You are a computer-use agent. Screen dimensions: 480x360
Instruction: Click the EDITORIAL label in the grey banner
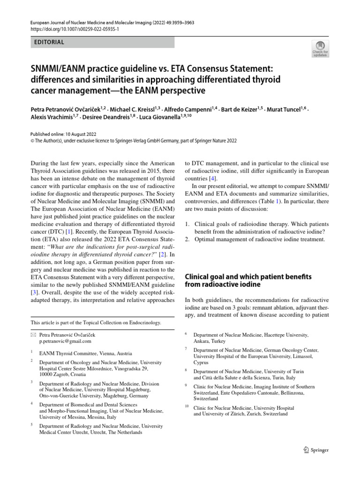click(49, 42)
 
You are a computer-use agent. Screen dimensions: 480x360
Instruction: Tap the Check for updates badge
click(320, 49)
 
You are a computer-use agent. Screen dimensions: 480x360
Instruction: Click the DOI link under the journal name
click(75, 29)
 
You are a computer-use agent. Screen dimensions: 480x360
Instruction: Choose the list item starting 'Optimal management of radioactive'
click(259, 239)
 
